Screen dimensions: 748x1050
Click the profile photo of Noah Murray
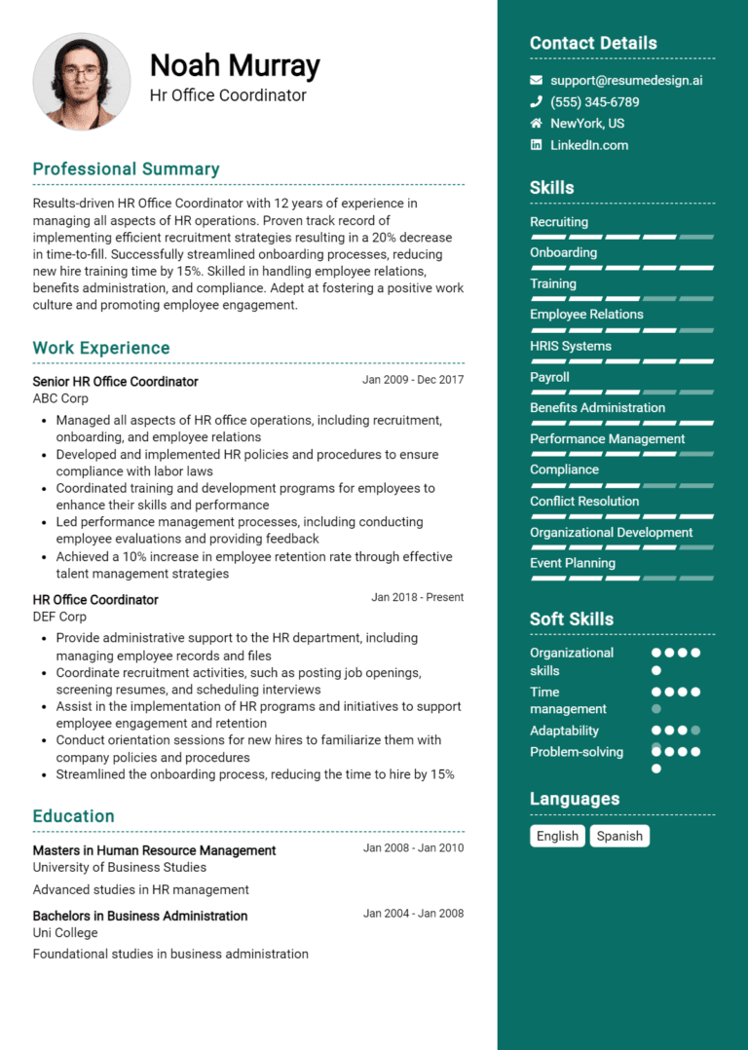(82, 82)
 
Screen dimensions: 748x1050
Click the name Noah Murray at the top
(235, 65)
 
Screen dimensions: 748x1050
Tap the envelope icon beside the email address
(536, 81)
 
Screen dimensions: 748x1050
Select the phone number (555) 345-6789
(594, 102)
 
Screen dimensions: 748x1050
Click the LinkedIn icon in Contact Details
(536, 145)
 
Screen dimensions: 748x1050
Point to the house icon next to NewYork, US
(536, 124)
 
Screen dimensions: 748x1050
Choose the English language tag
(557, 836)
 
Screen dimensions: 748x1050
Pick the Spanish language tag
(619, 836)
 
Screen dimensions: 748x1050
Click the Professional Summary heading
(126, 169)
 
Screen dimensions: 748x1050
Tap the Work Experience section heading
(101, 348)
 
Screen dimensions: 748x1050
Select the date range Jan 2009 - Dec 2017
(413, 380)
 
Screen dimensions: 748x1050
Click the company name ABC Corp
(60, 398)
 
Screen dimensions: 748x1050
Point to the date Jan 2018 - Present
(417, 597)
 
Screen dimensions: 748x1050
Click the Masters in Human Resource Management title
(154, 850)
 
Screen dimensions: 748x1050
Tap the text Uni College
(65, 932)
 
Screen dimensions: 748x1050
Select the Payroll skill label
(549, 377)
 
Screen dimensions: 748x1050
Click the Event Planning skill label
(573, 563)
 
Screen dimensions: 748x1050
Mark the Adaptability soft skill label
(564, 731)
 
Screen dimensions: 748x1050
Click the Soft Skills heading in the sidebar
(572, 619)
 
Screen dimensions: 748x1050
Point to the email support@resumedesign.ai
(626, 81)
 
